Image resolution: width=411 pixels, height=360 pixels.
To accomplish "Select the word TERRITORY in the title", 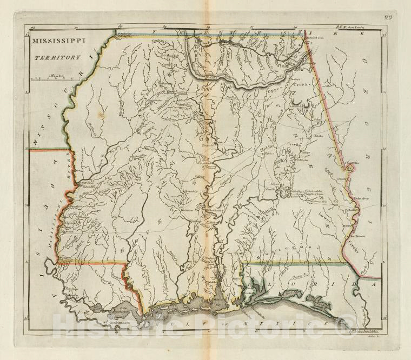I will click(x=54, y=56).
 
